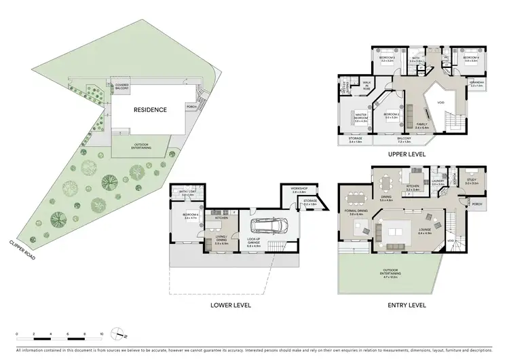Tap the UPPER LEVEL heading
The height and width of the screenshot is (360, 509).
point(407,154)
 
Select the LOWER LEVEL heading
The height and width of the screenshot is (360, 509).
point(231,305)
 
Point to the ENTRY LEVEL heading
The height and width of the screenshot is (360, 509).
point(407,305)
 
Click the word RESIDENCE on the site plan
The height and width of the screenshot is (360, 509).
point(149,110)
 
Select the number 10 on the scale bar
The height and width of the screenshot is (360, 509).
point(101,334)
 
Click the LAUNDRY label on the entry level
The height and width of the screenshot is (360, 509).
point(437,182)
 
